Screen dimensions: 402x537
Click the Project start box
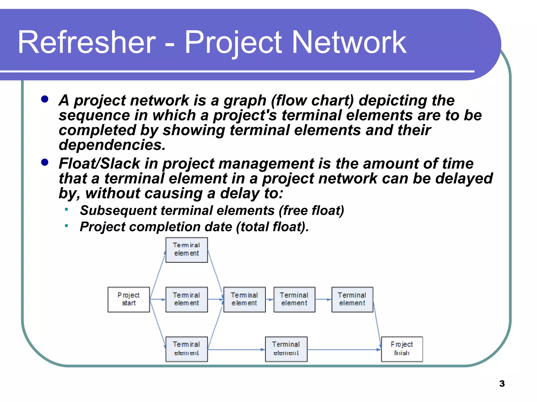[x=129, y=299]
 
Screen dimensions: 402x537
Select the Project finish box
[x=402, y=349]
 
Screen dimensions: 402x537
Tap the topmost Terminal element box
[x=186, y=250]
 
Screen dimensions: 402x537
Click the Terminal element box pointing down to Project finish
[x=352, y=299]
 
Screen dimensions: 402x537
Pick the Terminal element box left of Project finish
[x=286, y=349]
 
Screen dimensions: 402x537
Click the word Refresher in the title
[x=87, y=42]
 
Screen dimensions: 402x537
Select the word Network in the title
[x=349, y=42]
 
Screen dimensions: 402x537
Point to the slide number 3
[x=502, y=384]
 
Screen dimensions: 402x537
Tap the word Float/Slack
[x=99, y=163]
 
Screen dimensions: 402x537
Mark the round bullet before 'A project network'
[x=45, y=99]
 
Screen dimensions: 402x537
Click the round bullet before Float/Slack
[x=45, y=162]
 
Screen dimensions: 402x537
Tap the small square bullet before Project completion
[x=67, y=225]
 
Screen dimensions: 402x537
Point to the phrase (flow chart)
[x=312, y=100]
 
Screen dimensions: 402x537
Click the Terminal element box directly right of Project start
[x=186, y=299]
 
